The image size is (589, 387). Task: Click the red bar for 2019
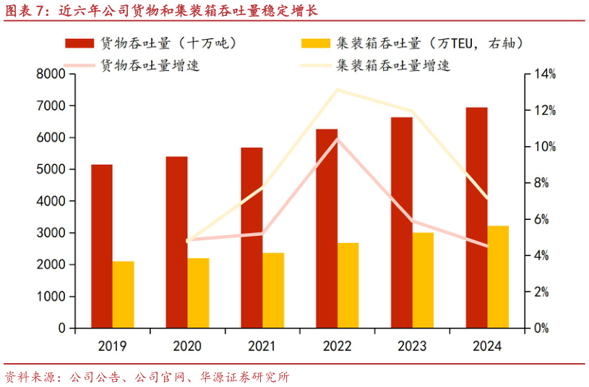[102, 246]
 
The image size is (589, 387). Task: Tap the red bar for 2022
[327, 228]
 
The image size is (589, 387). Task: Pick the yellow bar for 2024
[498, 276]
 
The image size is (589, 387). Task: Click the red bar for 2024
[477, 217]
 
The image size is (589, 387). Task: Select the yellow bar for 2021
[273, 290]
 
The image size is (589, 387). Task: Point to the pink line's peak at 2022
[338, 138]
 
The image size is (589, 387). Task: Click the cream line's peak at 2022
[337, 90]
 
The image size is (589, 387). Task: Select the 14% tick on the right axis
[540, 74]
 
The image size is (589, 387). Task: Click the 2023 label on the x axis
[412, 346]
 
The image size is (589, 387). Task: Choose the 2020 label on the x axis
[187, 346]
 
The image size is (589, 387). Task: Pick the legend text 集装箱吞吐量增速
[393, 65]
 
